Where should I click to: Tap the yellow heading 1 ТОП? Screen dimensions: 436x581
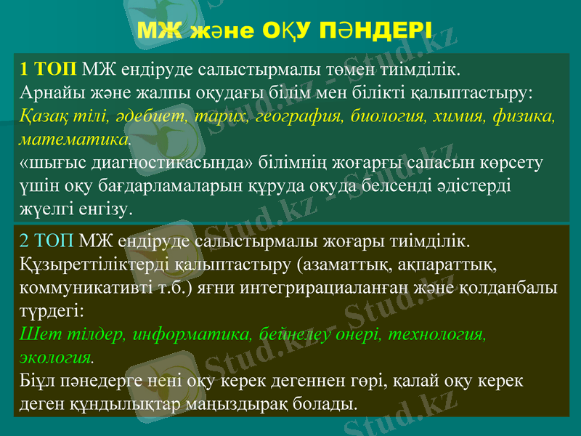point(49,70)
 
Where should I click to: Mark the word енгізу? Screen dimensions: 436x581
point(102,209)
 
